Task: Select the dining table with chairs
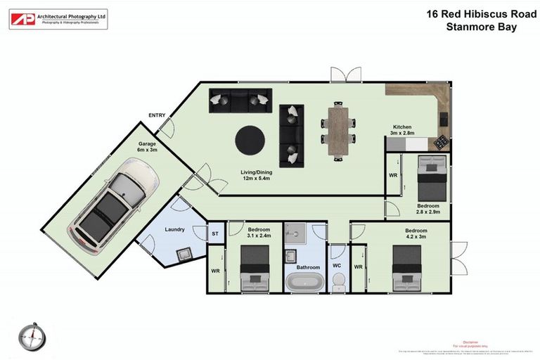point(338,131)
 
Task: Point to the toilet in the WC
point(337,281)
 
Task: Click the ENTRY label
point(157,115)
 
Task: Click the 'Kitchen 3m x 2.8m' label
point(404,129)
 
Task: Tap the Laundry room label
point(174,230)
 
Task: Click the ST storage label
point(214,234)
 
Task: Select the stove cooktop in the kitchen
point(441,142)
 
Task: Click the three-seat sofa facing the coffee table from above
point(238,102)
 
